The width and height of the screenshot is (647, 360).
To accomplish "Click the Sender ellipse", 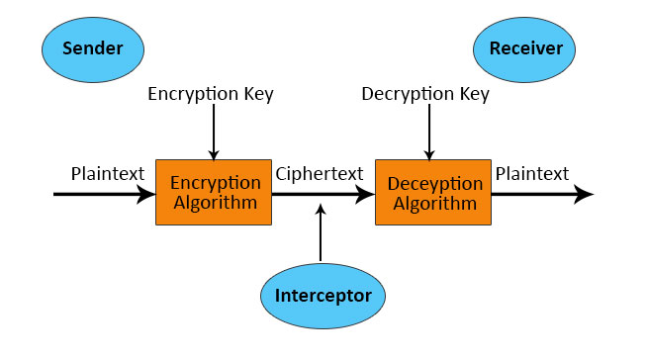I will point(91,48).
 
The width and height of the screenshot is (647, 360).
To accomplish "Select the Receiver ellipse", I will point(524,48).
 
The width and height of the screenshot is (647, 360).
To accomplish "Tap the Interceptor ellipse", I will point(323,295).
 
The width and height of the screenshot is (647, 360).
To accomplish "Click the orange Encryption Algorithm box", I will point(214,193).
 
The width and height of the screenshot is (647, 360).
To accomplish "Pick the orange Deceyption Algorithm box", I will point(433,193).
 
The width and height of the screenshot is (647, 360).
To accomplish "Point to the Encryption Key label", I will point(211,95).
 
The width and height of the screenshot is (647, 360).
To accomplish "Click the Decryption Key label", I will point(425,95).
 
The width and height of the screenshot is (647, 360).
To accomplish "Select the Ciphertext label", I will point(320,175).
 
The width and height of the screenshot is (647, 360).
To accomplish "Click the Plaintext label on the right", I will point(532,174).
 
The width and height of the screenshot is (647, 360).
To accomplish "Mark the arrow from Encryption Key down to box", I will point(214,133).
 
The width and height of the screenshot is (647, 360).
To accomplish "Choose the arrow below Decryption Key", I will point(428,133).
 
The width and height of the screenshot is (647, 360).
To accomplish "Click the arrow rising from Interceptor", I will point(321,233).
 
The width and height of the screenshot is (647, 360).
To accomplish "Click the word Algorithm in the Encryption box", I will point(214,203).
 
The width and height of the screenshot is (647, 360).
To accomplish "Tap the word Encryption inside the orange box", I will point(216,184).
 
